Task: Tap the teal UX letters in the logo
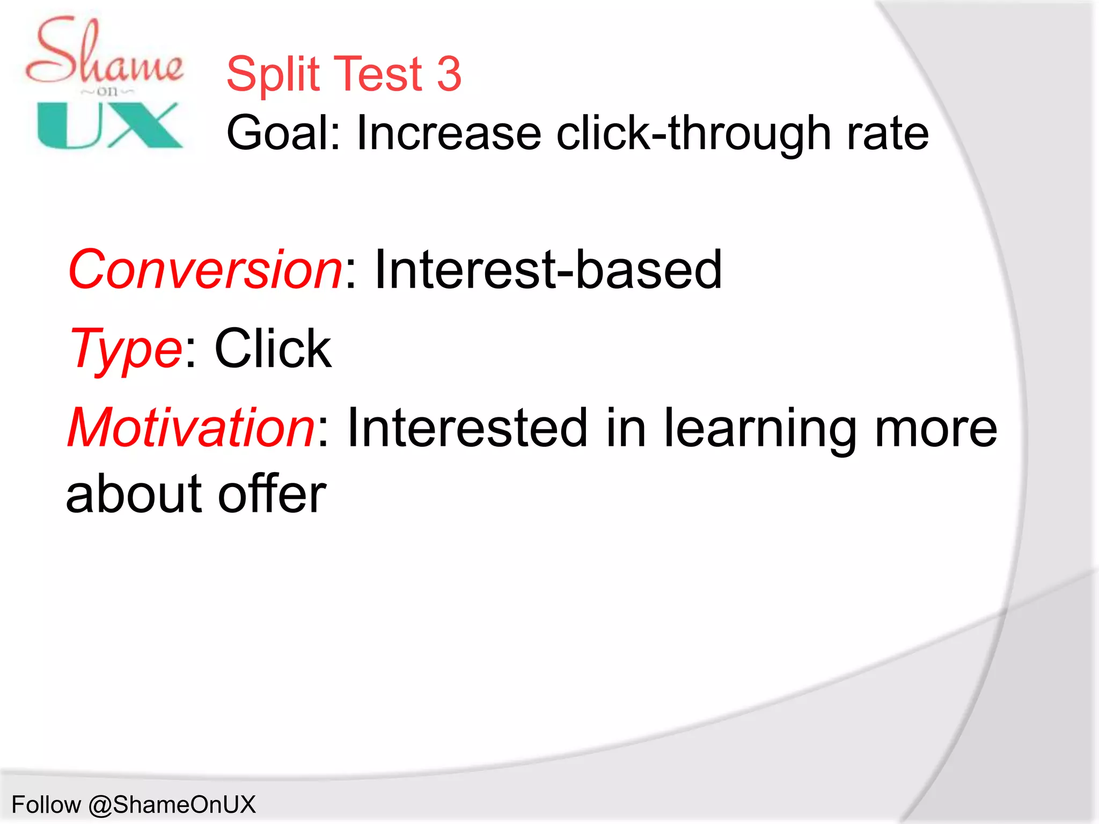point(110,126)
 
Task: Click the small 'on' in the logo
point(107,92)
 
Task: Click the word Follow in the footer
point(46,805)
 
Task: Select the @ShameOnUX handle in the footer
point(172,805)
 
